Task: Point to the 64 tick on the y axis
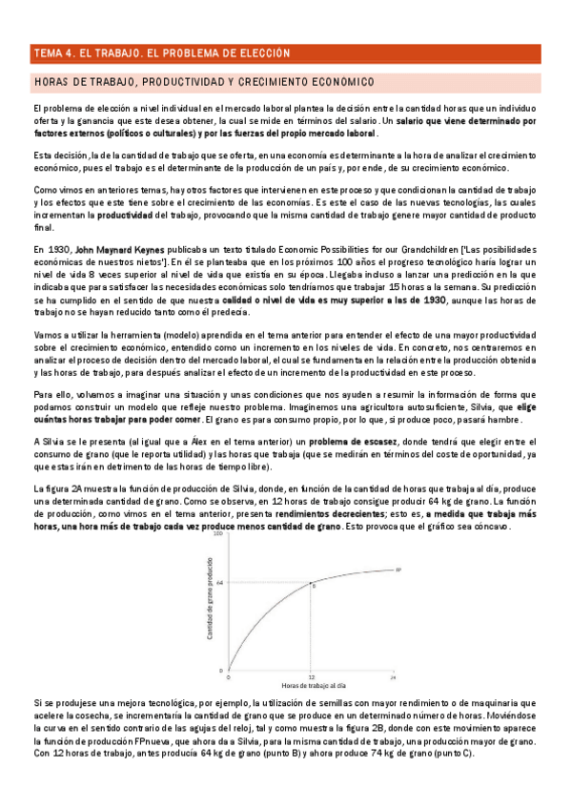(219, 582)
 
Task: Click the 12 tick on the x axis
(311, 675)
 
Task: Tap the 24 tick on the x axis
(393, 675)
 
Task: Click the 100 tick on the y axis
(218, 535)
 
